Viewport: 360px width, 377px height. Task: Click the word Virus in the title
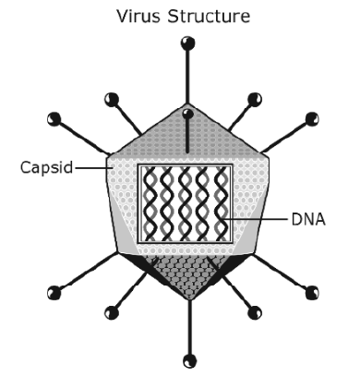(138, 16)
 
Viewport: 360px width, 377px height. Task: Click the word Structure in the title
(209, 16)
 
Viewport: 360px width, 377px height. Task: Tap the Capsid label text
(47, 168)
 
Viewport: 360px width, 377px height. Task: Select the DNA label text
(308, 220)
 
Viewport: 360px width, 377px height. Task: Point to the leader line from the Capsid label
(94, 168)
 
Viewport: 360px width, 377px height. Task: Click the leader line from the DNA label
(256, 219)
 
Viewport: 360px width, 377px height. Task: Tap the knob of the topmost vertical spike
(188, 43)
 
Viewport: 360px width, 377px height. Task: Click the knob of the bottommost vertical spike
(189, 360)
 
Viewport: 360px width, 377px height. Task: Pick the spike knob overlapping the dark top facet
(187, 114)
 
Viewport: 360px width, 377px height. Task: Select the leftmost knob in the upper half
(54, 119)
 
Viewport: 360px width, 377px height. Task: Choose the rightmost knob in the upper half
(312, 119)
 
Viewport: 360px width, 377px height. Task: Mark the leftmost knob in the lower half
(54, 293)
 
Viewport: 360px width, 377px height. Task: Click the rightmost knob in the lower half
(312, 293)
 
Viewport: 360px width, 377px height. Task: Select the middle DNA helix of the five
(185, 203)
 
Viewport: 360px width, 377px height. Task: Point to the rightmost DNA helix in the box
(222, 203)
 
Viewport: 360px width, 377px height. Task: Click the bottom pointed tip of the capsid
(190, 299)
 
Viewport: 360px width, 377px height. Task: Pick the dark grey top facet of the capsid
(186, 136)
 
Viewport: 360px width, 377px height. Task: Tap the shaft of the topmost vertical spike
(187, 77)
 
